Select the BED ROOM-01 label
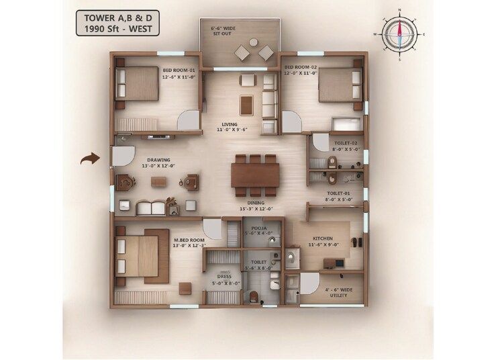click(178, 73)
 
